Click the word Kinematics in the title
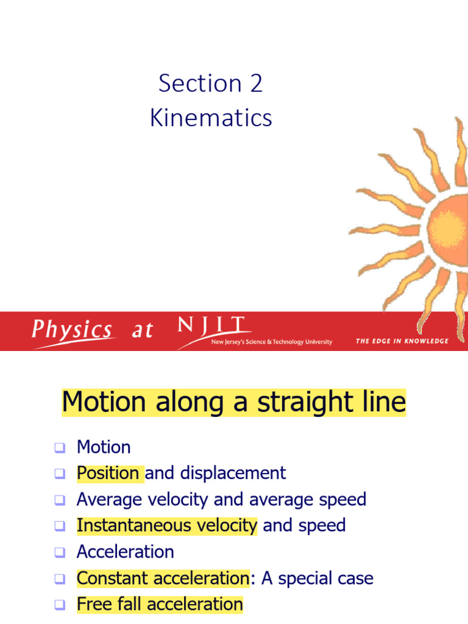[x=211, y=118]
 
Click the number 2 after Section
[x=256, y=83]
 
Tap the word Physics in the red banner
[x=72, y=330]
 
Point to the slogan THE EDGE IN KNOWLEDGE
[x=402, y=341]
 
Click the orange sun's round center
[x=450, y=227]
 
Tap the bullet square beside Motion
[x=59, y=448]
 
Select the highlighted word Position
[x=108, y=473]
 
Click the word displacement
[x=233, y=473]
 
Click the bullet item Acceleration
[x=125, y=551]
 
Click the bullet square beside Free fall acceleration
[x=59, y=605]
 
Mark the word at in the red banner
[x=143, y=331]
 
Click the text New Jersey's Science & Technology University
[x=271, y=342]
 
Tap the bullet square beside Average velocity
[x=59, y=500]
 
